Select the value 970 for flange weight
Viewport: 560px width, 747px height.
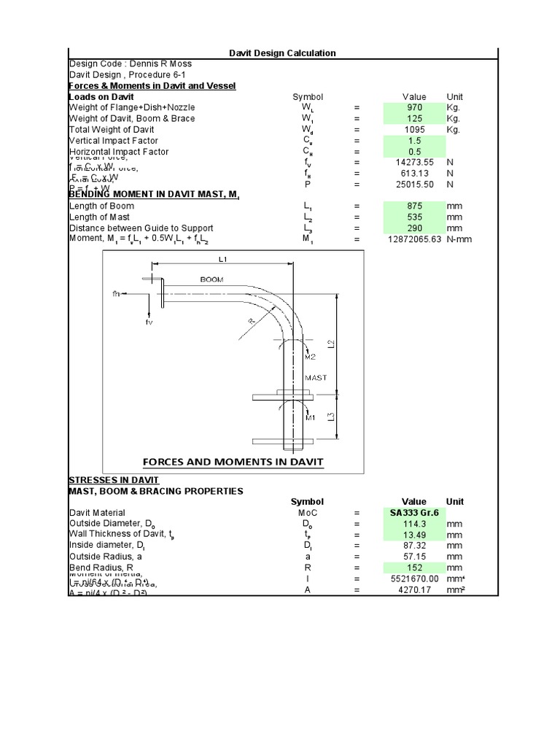pyautogui.click(x=414, y=107)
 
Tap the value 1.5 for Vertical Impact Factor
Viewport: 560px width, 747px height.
pyautogui.click(x=414, y=141)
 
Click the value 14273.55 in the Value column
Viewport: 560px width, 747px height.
pyautogui.click(x=414, y=163)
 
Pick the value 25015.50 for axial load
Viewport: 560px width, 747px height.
pyautogui.click(x=414, y=185)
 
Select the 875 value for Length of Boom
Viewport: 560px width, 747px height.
pyautogui.click(x=414, y=206)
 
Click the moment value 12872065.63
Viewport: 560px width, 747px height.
pyautogui.click(x=405, y=239)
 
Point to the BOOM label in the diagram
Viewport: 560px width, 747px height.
pyautogui.click(x=212, y=279)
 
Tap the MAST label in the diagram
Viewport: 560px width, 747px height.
pyautogui.click(x=316, y=378)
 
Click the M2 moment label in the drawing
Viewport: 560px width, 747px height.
pyautogui.click(x=311, y=357)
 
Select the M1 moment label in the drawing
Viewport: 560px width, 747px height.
pyautogui.click(x=311, y=418)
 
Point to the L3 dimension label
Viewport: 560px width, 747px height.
pyautogui.click(x=331, y=417)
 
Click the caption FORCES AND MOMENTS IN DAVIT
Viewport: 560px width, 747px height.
pyautogui.click(x=233, y=462)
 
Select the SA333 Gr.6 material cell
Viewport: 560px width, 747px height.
pyautogui.click(x=414, y=513)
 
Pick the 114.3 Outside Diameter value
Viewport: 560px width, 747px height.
pyautogui.click(x=414, y=524)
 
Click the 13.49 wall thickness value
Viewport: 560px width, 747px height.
pyautogui.click(x=414, y=535)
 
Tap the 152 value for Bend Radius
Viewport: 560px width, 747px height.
pyautogui.click(x=414, y=568)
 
